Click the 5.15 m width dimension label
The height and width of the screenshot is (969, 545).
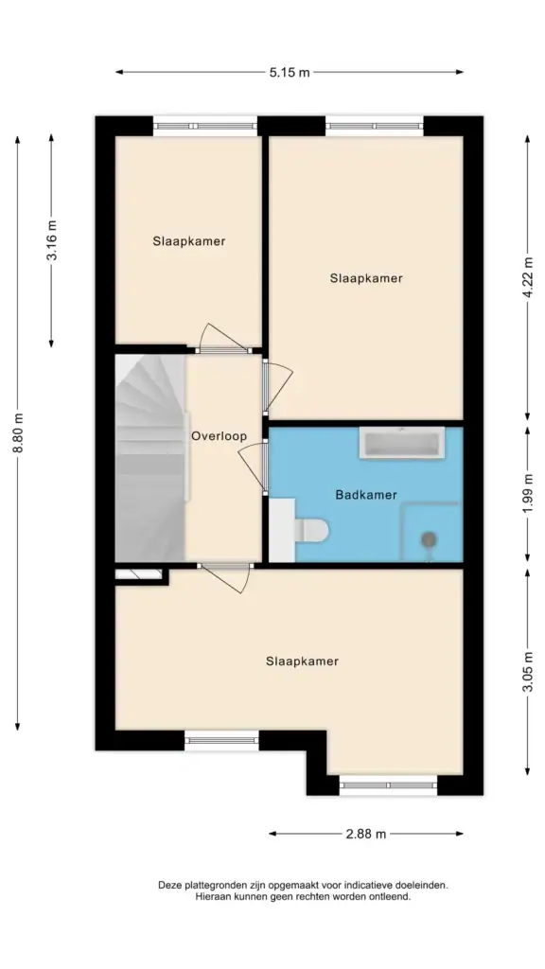(290, 72)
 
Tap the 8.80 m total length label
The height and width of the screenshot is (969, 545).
(18, 432)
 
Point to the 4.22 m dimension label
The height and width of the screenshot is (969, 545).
(527, 278)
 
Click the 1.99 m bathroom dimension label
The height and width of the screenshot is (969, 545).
(527, 494)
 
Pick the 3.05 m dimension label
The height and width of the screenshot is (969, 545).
(527, 672)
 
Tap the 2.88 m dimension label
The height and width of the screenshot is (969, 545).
(366, 834)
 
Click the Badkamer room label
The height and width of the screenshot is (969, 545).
(366, 494)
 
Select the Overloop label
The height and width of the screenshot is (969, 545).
(219, 435)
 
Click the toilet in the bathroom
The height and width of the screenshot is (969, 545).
(311, 530)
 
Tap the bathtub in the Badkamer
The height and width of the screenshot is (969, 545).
(401, 445)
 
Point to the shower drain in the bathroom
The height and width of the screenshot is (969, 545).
(428, 540)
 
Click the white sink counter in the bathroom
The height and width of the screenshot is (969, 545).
(282, 531)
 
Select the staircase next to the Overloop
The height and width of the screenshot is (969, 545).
(150, 459)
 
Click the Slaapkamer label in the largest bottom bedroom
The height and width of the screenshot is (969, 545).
(302, 661)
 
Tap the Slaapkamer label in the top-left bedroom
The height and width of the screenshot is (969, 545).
(189, 241)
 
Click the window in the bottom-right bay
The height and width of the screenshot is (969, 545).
(388, 784)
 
